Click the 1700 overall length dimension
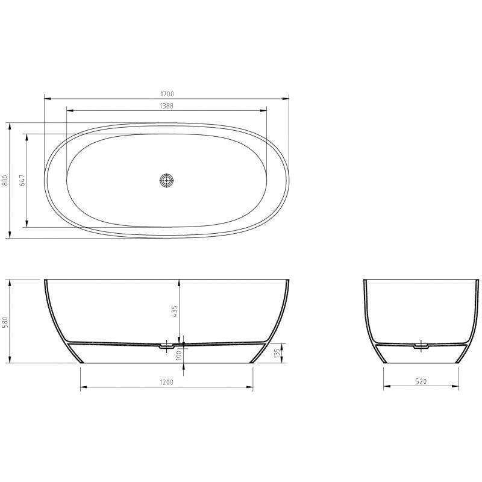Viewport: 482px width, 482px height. coord(167,93)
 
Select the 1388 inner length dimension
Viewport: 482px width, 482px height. coord(167,105)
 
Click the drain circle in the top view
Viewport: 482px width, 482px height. coord(166,180)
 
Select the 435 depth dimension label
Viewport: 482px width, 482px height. coord(175,311)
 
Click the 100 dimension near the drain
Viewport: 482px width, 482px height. coord(179,357)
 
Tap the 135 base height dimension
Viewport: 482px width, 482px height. coord(277,352)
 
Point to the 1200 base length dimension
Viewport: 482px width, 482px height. coord(167,382)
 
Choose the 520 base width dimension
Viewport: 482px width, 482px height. coord(421,382)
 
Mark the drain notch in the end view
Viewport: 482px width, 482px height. coord(421,346)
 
